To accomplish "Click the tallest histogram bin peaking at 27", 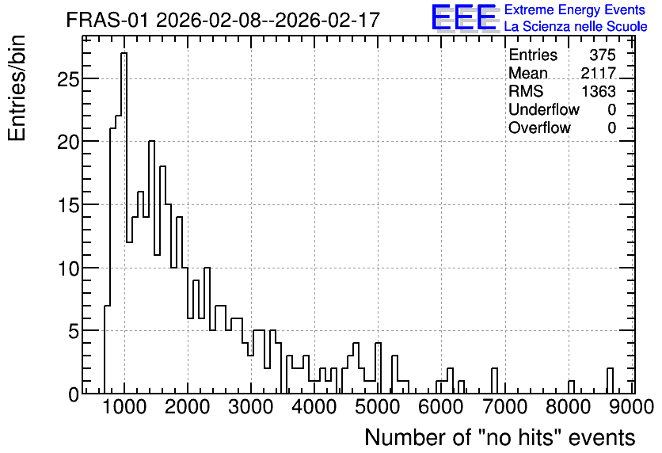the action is coord(124,223).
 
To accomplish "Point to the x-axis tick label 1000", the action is coord(124,407).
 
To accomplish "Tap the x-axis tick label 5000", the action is coord(379,407).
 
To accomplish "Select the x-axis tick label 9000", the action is coord(632,407).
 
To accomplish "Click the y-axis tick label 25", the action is coord(67,79).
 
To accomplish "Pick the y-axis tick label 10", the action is coord(67,268).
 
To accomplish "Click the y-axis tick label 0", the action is coord(74,394).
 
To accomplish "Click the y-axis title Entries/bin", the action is coord(17,89).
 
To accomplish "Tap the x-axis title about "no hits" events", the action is coord(500,437).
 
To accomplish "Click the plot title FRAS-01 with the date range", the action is coord(223,20).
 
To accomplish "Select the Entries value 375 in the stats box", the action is coord(603,55).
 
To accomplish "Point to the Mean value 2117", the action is coord(599,73).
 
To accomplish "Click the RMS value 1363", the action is coord(599,91).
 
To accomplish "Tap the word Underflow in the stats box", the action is coord(544,109).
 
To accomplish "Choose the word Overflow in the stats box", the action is coord(539,128).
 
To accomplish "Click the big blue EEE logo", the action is coord(464,17).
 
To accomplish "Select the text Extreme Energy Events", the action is coord(575,10).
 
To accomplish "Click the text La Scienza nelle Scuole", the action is coord(576,26).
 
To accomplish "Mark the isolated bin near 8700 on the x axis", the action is coord(610,381).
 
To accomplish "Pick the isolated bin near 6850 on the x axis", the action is coord(494,381).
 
